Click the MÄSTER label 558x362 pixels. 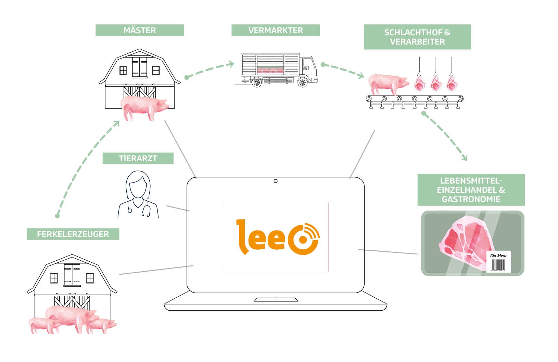tap(140, 30)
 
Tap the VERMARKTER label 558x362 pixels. tap(276, 30)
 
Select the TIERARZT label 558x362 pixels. tap(138, 158)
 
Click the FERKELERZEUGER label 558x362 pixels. tap(73, 234)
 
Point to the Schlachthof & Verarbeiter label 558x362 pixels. tap(417, 37)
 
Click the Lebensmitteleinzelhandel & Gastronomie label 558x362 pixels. tap(471, 190)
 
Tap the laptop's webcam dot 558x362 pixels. tap(276, 181)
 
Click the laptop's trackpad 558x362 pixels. tap(276, 300)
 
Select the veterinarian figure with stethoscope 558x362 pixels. tap(138, 195)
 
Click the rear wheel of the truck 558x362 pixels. tap(256, 82)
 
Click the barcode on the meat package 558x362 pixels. tap(498, 265)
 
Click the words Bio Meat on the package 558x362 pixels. tap(498, 256)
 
